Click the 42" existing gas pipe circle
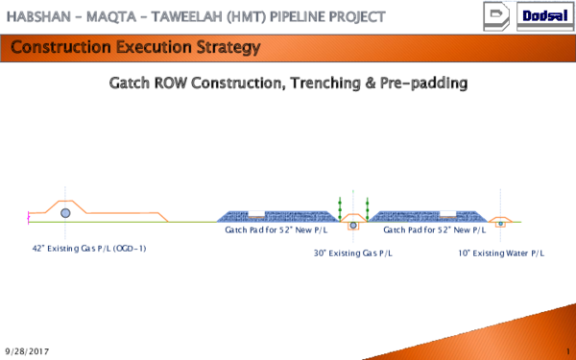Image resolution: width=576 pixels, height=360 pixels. tap(65, 213)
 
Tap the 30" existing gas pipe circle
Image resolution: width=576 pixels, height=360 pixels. tap(353, 226)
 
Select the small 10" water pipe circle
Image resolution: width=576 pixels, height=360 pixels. tap(500, 224)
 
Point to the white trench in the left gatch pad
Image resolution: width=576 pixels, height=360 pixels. tap(256, 214)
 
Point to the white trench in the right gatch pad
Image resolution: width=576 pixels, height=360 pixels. tap(447, 214)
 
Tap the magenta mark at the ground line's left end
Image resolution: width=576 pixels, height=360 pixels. tap(28, 218)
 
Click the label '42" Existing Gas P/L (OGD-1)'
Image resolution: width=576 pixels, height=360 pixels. tap(89, 249)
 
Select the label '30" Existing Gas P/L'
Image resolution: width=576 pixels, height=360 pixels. tap(353, 253)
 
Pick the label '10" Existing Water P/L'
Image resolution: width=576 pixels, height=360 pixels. tap(501, 253)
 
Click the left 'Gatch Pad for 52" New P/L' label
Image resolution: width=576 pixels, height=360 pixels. tap(276, 230)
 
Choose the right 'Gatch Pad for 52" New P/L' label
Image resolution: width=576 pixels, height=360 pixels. tap(435, 230)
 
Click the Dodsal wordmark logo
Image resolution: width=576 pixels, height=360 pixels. tap(545, 15)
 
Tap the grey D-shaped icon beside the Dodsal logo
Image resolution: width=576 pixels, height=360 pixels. tap(496, 16)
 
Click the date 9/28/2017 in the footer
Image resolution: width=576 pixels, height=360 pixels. tap(27, 352)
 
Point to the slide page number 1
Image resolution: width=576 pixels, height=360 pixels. tap(568, 351)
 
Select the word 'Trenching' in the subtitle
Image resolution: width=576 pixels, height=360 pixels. tap(325, 84)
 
